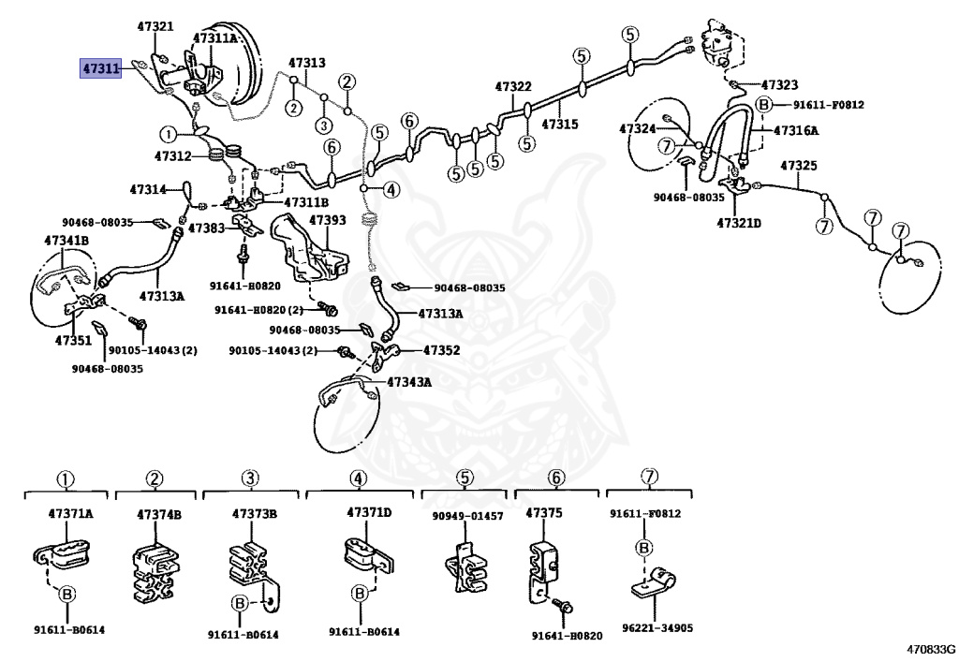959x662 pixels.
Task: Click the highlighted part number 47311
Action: pyautogui.click(x=101, y=68)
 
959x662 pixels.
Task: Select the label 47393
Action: pyautogui.click(x=328, y=221)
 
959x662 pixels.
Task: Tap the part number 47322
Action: pyautogui.click(x=513, y=87)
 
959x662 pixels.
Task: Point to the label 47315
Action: pyautogui.click(x=560, y=123)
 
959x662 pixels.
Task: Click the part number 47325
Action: pyautogui.click(x=799, y=166)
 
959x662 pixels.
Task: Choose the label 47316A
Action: pyautogui.click(x=796, y=130)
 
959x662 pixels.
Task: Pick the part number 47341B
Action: pyautogui.click(x=66, y=241)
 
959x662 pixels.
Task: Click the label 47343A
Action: pyautogui.click(x=409, y=382)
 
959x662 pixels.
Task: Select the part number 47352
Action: pyautogui.click(x=441, y=350)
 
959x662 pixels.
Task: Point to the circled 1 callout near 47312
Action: pyautogui.click(x=168, y=134)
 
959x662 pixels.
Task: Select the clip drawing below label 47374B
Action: pyautogui.click(x=155, y=570)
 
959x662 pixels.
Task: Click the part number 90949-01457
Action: pyautogui.click(x=467, y=516)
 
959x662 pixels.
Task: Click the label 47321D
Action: pyautogui.click(x=739, y=223)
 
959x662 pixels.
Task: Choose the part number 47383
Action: pyautogui.click(x=206, y=228)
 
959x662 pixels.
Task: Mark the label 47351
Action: pyautogui.click(x=72, y=341)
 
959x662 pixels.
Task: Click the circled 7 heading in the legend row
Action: pyautogui.click(x=648, y=478)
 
